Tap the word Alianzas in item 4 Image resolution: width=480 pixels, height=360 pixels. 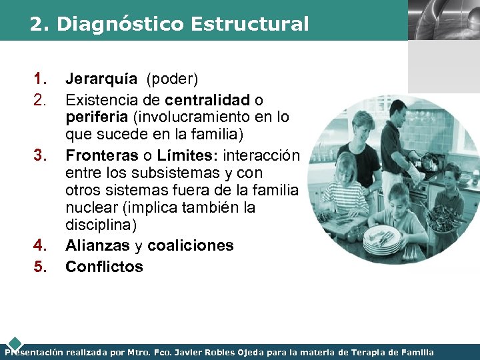click(97, 245)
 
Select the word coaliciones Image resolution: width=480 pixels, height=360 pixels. click(191, 245)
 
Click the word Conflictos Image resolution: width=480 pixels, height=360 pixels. click(104, 267)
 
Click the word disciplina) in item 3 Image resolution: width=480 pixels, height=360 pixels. click(104, 224)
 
